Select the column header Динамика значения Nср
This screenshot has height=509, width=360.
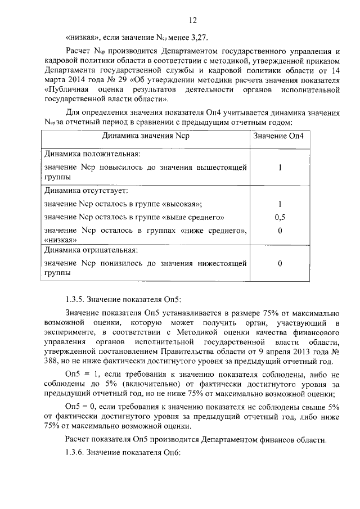146,136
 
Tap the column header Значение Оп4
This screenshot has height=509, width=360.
279,136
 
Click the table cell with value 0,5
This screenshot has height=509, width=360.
279,217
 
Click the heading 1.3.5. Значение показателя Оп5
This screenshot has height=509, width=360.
124,298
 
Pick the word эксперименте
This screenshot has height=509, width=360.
67,332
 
